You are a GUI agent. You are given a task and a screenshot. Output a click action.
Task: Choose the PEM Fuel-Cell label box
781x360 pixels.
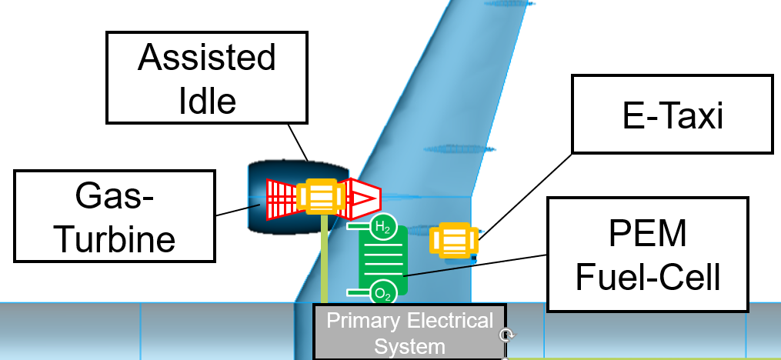646,255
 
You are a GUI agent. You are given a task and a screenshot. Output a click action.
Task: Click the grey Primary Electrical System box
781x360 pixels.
409,332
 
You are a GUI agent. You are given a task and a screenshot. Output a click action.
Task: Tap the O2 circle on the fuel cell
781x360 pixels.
382,293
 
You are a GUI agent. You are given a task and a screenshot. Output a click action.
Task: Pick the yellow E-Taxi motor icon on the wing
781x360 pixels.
453,241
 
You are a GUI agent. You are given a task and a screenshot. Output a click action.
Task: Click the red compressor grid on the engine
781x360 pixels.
282,199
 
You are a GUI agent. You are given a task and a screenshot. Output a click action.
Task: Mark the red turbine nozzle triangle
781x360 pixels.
362,198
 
